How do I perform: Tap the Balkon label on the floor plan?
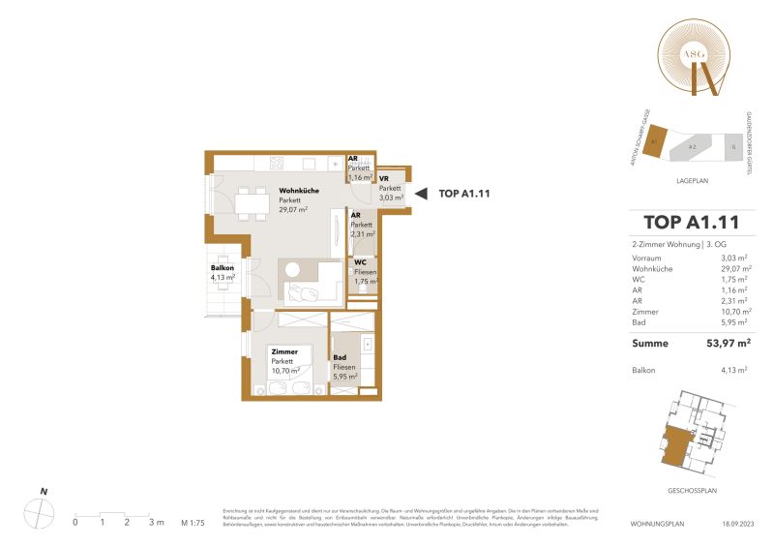223,268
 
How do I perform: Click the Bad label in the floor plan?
340,358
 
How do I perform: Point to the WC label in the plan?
359,262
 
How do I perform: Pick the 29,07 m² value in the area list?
735,271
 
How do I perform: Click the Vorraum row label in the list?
646,258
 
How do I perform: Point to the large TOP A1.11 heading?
690,225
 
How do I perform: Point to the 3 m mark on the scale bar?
152,522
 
